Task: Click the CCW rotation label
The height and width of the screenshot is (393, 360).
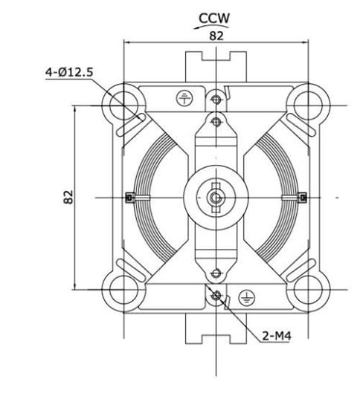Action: (214, 18)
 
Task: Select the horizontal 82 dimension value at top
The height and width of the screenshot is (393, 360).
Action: (216, 36)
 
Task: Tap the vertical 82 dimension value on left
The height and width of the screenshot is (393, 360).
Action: (68, 197)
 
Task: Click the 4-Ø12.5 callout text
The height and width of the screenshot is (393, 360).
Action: (69, 72)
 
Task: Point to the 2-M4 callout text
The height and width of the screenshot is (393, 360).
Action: (277, 336)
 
